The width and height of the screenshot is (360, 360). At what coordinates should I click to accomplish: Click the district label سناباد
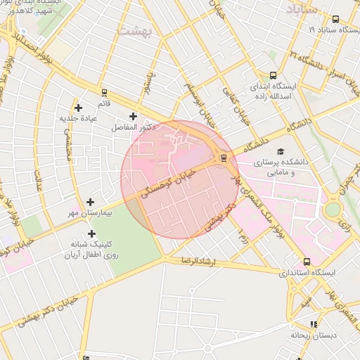pyautogui.click(x=303, y=9)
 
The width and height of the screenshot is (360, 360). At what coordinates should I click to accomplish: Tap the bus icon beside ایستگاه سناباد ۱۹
pyautogui.click(x=335, y=19)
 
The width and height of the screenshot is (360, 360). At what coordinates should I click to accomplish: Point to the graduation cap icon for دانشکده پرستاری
pyautogui.click(x=281, y=152)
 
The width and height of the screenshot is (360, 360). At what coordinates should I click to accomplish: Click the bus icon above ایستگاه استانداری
pyautogui.click(x=306, y=262)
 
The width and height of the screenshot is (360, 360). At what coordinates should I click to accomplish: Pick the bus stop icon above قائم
pyautogui.click(x=104, y=92)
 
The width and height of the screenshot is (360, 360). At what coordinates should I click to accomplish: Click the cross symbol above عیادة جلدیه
pyautogui.click(x=78, y=108)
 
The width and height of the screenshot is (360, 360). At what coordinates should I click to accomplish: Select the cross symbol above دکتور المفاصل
pyautogui.click(x=134, y=117)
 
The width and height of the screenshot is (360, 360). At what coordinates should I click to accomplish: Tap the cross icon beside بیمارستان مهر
pyautogui.click(x=90, y=202)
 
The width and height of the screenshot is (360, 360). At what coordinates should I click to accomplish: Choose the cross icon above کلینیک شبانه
pyautogui.click(x=91, y=233)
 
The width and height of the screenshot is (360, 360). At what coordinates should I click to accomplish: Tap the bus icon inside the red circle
pyautogui.click(x=224, y=158)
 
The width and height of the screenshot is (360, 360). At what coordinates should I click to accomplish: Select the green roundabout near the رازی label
pyautogui.click(x=332, y=209)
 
